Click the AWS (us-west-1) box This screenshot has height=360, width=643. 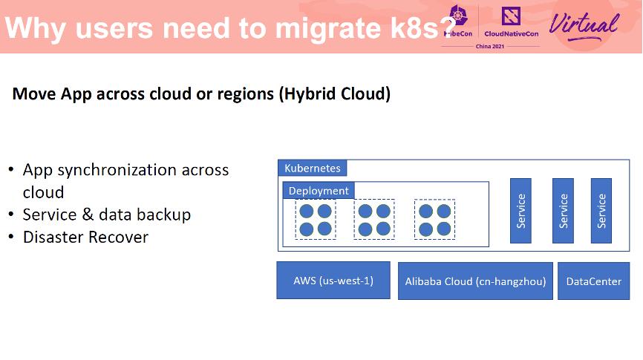click(x=333, y=281)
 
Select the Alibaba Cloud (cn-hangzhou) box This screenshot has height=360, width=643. click(x=475, y=281)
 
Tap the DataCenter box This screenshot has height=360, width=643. click(x=593, y=281)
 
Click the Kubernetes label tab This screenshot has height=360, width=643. click(x=312, y=168)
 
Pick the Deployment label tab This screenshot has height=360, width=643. click(x=319, y=191)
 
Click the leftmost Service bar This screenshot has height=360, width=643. click(x=520, y=211)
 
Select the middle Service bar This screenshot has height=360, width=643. click(x=563, y=211)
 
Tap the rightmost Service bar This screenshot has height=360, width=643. click(x=601, y=211)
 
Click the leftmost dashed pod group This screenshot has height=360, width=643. click(x=315, y=220)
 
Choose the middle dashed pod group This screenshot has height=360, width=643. click(x=374, y=220)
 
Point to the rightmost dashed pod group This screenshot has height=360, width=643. click(x=434, y=220)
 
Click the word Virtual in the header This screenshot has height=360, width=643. click(x=584, y=24)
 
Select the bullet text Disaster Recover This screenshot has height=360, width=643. click(x=85, y=238)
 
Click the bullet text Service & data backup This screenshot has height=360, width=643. click(x=107, y=215)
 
